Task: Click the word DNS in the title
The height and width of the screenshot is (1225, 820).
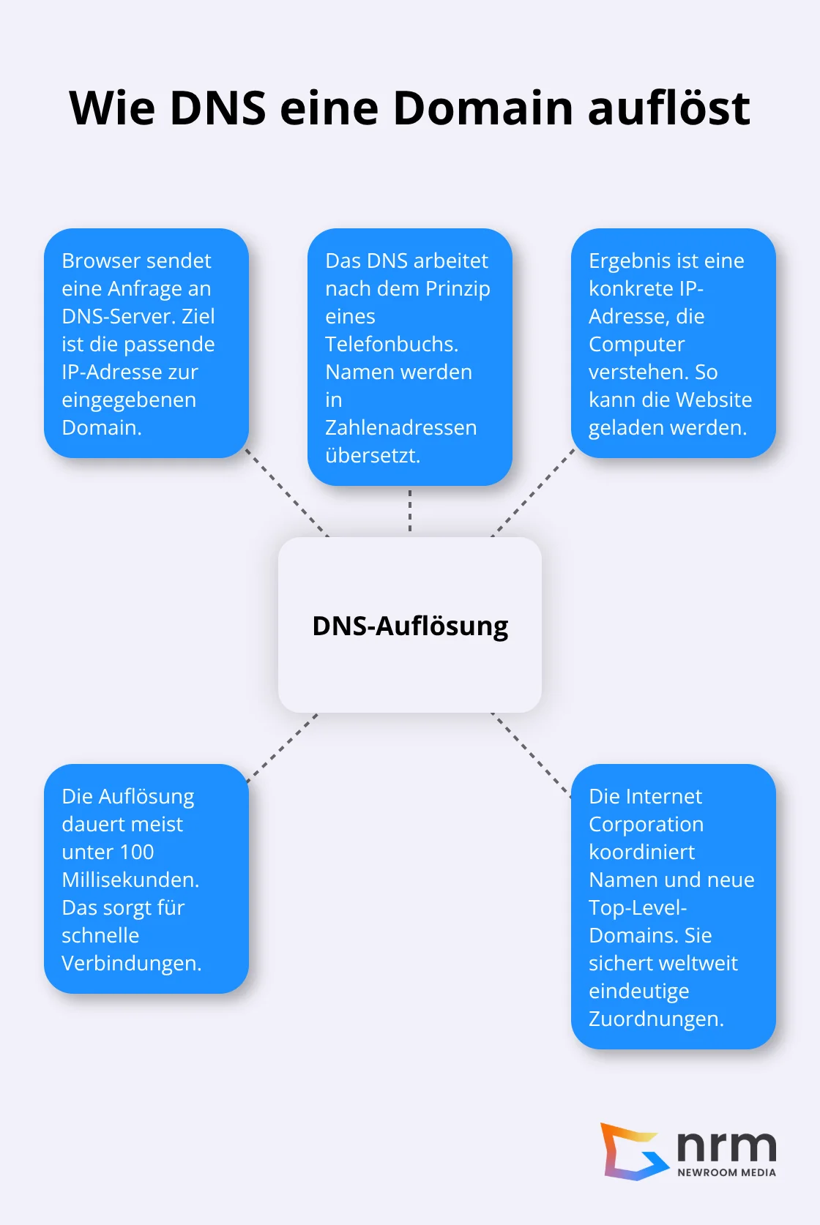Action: (x=217, y=108)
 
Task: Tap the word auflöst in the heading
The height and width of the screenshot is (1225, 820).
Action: (x=668, y=108)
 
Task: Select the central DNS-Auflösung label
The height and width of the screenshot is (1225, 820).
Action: (x=410, y=626)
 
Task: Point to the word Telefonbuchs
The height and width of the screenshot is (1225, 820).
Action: (x=392, y=345)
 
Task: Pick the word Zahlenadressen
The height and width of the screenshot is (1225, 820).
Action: (x=400, y=428)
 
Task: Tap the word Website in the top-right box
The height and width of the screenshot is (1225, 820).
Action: (x=715, y=400)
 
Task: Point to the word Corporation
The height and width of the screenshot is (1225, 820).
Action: (x=646, y=825)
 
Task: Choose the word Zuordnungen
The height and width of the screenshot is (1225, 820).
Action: (x=656, y=1019)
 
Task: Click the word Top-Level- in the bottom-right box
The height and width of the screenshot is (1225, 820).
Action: (x=638, y=908)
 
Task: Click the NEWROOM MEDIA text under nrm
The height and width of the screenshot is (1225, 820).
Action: (x=726, y=1172)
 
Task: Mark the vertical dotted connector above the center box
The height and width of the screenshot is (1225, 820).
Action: (x=410, y=511)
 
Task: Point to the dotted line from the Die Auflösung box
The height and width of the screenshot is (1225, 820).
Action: (x=283, y=748)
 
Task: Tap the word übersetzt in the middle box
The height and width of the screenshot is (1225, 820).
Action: (x=372, y=456)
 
